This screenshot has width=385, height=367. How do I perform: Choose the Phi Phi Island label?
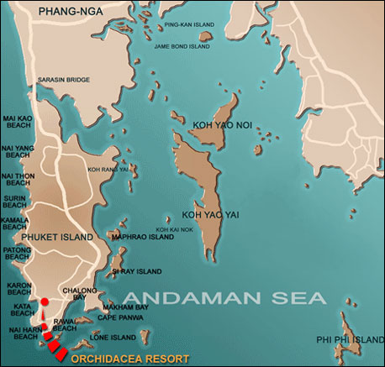(x=351, y=340)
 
